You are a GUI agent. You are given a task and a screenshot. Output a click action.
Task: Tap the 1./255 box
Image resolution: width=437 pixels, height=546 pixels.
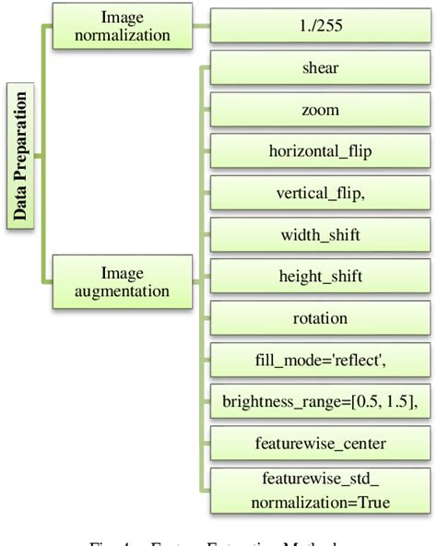point(320,25)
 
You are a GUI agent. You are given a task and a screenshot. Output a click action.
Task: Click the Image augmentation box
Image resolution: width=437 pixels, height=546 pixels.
point(124,280)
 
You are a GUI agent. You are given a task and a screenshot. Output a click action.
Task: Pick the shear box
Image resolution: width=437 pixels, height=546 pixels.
point(320,68)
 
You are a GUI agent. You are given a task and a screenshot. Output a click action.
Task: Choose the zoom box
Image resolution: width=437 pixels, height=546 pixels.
point(320,110)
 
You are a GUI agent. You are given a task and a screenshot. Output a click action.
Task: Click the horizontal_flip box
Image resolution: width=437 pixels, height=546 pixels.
point(320,151)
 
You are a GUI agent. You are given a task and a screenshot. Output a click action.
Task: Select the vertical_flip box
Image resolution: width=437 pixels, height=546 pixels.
point(320,193)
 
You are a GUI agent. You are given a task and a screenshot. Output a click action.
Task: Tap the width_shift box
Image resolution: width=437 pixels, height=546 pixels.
point(320,234)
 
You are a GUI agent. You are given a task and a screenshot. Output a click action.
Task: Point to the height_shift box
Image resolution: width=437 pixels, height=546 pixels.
point(320,276)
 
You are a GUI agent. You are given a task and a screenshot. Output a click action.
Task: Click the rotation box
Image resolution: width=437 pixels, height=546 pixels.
point(320,318)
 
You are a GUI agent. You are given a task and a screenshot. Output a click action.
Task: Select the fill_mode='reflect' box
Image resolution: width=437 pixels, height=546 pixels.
point(320,360)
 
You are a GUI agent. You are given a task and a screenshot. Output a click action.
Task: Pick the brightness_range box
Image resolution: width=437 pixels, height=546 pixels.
point(320,401)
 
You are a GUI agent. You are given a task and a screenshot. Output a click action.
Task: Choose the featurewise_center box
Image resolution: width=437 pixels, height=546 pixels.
point(320,443)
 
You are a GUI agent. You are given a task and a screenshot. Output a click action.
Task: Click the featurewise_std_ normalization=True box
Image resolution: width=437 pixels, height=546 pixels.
point(320,492)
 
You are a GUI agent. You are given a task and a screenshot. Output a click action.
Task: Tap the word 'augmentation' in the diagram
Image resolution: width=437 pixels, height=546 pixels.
point(124,291)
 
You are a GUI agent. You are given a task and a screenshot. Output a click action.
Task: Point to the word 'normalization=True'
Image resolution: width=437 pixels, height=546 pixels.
point(321,503)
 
